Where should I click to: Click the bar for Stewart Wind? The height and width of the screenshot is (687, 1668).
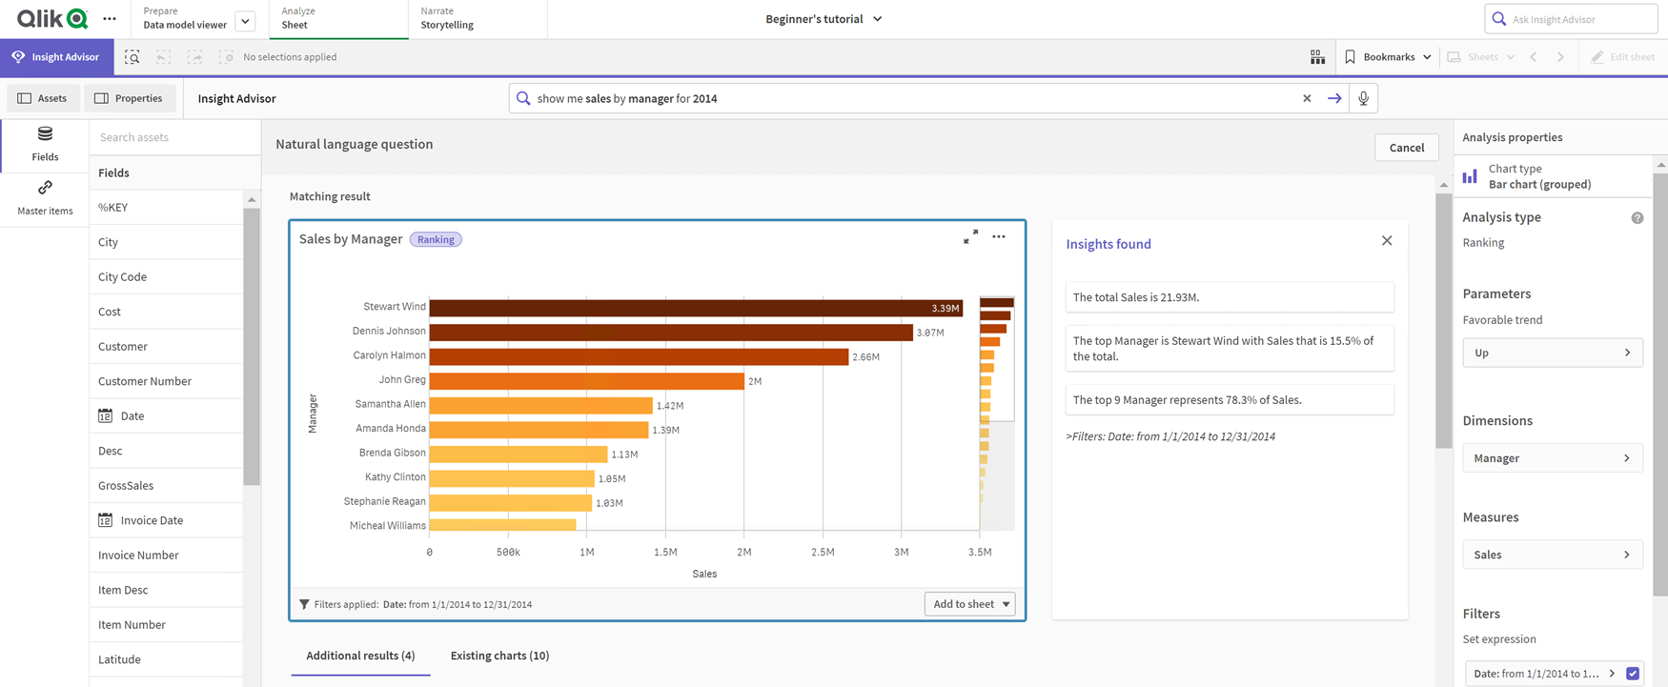[696, 308]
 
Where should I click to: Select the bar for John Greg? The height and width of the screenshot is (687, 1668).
[586, 381]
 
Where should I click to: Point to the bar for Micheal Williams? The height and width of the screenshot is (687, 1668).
[502, 525]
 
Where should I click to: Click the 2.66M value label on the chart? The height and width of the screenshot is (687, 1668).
[865, 357]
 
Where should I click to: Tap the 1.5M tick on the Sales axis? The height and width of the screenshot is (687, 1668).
[665, 553]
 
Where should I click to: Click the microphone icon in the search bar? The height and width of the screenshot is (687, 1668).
[1364, 98]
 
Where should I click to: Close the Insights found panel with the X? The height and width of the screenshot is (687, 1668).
[1387, 241]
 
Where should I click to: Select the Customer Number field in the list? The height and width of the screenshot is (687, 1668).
[145, 381]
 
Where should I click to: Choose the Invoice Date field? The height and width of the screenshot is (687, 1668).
[152, 520]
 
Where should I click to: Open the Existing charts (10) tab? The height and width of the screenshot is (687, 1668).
[499, 656]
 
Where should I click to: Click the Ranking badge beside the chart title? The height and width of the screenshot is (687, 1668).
[436, 240]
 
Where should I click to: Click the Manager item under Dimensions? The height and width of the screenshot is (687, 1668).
[1552, 458]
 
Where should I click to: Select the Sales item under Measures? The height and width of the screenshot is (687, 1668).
[1552, 555]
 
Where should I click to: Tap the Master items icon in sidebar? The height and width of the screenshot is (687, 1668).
[45, 197]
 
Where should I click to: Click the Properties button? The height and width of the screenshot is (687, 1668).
[129, 98]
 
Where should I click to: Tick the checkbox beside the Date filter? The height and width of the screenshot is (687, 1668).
[1633, 674]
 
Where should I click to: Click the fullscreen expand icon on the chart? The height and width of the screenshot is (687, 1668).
[970, 237]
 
